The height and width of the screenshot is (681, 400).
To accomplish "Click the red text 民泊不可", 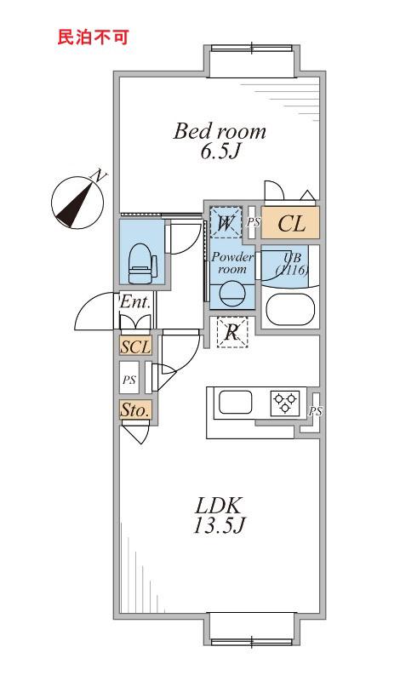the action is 93,37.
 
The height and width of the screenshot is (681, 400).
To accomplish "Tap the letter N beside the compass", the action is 99,175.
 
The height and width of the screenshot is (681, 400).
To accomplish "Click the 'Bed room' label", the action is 220,131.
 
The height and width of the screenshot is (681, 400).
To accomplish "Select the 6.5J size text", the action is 220,152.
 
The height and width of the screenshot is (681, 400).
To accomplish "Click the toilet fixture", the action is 143,263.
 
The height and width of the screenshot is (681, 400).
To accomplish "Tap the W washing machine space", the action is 226,222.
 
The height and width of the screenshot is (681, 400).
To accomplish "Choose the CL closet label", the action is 290,223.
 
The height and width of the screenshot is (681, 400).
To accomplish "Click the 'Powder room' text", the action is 232,263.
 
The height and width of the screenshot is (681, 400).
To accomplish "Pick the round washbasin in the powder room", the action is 232,293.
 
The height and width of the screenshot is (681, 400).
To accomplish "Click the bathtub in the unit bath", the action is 290,309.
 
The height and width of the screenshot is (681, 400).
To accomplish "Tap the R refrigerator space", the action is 232,332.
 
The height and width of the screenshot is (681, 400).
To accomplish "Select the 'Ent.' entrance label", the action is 135,302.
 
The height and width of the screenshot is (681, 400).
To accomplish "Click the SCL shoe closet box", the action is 135,347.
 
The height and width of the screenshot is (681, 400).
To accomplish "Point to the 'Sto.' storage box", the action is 135,410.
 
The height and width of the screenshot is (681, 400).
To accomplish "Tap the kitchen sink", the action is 236,402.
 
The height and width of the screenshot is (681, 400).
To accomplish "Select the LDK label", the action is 218,506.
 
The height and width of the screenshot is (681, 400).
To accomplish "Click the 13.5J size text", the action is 219,526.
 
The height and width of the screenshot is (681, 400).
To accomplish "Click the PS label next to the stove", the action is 316,411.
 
